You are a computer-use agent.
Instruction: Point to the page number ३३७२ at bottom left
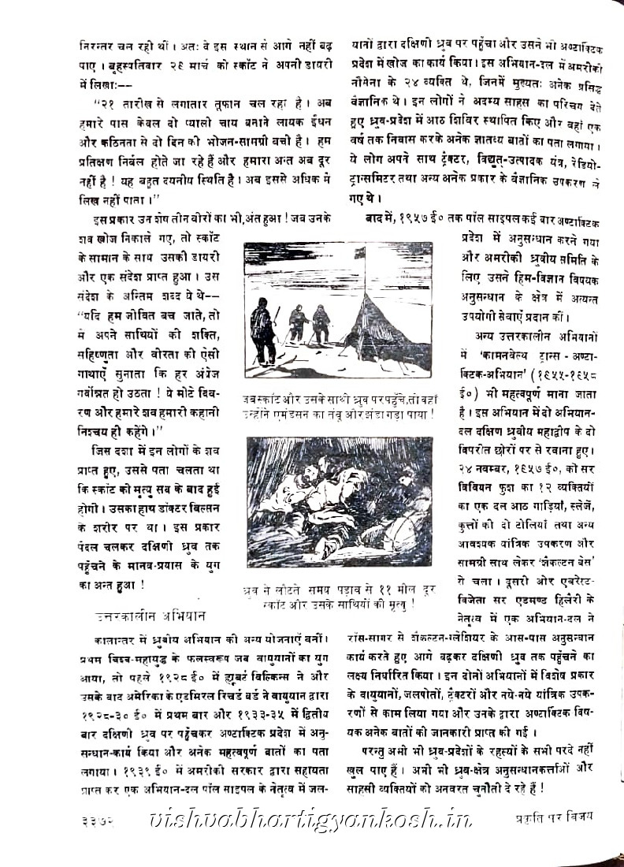coord(102,820)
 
